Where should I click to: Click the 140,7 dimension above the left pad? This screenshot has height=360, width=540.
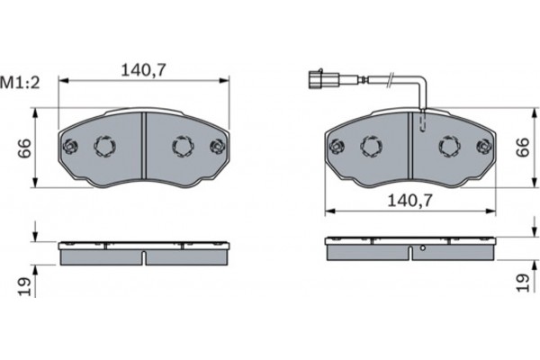click(x=145, y=67)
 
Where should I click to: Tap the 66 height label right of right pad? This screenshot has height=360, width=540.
click(x=522, y=148)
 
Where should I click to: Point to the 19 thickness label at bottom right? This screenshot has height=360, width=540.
click(x=522, y=287)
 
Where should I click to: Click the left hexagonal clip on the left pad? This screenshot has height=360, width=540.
click(x=103, y=146)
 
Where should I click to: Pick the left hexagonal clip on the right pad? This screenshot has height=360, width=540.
click(x=369, y=146)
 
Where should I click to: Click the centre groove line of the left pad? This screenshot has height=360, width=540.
click(x=144, y=148)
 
